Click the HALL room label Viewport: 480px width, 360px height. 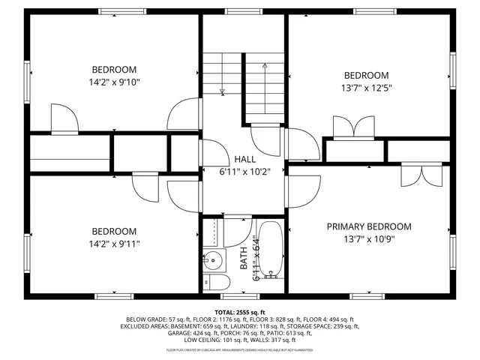coord(244,159)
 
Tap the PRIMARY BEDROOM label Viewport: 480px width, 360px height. coord(368,226)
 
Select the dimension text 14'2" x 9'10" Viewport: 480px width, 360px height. coord(114,82)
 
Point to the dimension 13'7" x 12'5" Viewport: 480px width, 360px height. coord(367,88)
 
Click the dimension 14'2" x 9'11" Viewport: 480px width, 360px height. coord(114,244)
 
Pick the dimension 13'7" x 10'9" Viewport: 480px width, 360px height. coord(368,240)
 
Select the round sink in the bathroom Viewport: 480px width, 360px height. coord(211,261)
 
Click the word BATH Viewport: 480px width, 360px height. coord(243,259)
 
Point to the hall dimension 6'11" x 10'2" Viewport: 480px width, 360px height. coord(244,171)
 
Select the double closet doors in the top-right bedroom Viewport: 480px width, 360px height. coord(352,128)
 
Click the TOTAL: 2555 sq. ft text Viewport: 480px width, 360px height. coord(239,312)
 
